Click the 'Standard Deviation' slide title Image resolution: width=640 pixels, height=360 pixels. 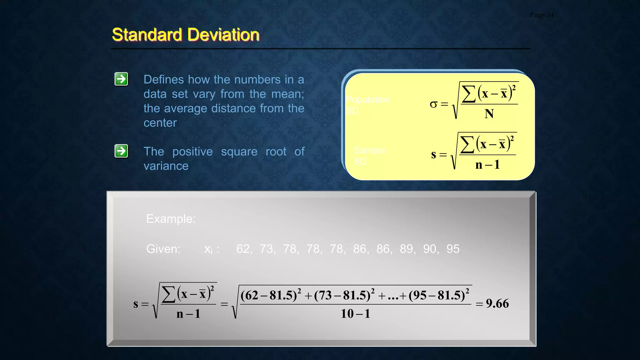click(x=186, y=34)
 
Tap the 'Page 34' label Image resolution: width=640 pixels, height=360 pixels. click(x=542, y=15)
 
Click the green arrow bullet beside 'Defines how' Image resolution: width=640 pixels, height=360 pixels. click(x=121, y=79)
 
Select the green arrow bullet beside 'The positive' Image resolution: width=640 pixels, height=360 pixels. click(x=121, y=151)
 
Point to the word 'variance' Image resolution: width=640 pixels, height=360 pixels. click(x=166, y=166)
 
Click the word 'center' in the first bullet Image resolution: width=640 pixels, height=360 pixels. click(x=160, y=123)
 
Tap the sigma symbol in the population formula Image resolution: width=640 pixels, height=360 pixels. click(x=433, y=104)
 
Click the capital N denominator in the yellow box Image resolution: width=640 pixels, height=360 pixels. click(x=489, y=114)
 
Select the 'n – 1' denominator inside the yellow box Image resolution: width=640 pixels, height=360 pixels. click(x=487, y=165)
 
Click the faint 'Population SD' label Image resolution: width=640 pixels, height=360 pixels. click(x=367, y=105)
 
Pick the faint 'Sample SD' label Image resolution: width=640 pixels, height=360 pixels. click(x=369, y=156)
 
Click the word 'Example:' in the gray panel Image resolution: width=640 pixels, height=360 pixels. click(x=171, y=219)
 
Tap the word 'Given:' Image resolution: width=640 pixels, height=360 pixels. click(x=163, y=249)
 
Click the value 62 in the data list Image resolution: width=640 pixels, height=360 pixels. click(x=243, y=249)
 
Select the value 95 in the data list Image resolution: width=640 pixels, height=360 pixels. click(x=453, y=249)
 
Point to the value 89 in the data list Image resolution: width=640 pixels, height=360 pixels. click(x=406, y=249)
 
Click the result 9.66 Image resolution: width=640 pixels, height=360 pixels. click(x=497, y=303)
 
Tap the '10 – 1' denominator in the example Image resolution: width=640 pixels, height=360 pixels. click(x=355, y=313)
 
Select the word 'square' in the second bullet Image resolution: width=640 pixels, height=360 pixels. click(x=239, y=152)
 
